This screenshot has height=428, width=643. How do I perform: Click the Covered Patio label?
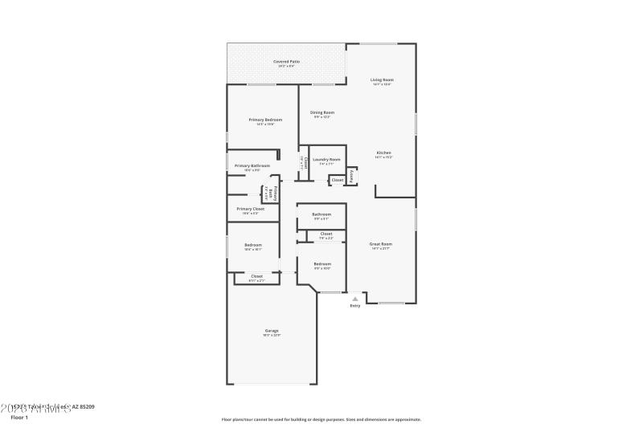[x=286, y=61]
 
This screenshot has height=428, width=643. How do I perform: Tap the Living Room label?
[x=382, y=79]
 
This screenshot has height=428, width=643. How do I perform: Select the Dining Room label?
[x=321, y=112]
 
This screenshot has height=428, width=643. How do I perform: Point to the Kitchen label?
[x=383, y=153]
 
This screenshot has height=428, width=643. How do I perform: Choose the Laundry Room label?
[x=326, y=159]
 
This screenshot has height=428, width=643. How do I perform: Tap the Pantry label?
[x=351, y=175]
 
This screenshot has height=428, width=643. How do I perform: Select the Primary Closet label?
[x=250, y=209]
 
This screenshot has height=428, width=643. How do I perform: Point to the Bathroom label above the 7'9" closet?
[x=321, y=214]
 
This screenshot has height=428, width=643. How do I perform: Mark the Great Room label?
[x=380, y=243]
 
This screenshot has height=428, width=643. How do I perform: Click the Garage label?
[x=272, y=330]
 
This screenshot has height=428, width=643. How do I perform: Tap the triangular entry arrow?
[x=355, y=298]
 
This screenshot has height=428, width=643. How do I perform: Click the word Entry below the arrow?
[x=355, y=306]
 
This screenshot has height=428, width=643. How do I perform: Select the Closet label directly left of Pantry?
[x=338, y=180]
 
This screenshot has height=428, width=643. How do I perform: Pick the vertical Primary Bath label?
[x=275, y=194]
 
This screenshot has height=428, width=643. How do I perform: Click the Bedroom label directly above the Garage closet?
[x=253, y=245]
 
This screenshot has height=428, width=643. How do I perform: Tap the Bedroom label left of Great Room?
[x=321, y=264]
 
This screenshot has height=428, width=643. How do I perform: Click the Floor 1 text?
[x=18, y=418]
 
